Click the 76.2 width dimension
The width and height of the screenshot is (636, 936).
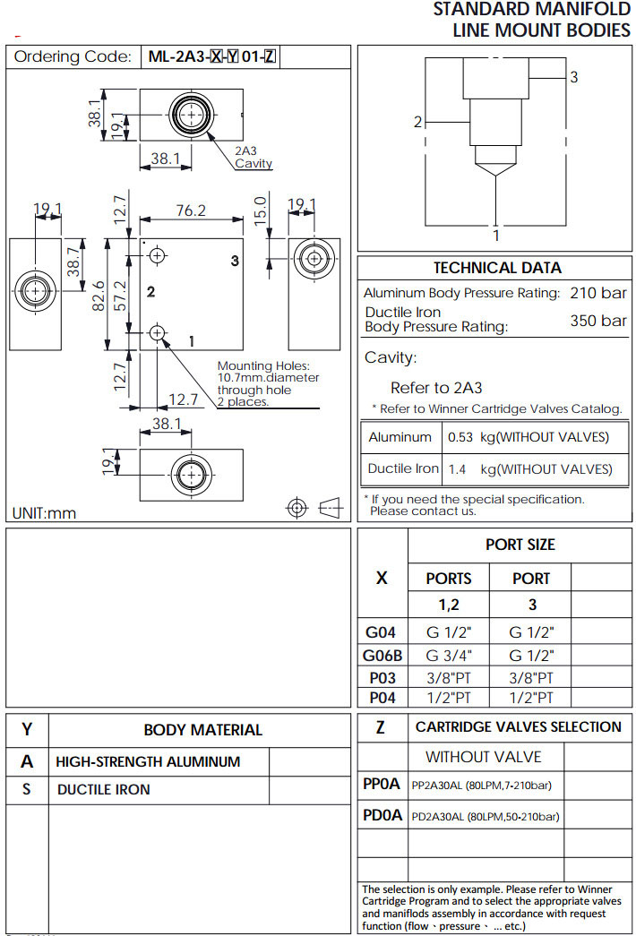click(190, 210)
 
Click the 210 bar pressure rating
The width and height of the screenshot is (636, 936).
click(598, 293)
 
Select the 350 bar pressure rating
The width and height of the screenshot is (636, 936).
click(598, 321)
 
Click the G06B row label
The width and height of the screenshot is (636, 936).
click(382, 656)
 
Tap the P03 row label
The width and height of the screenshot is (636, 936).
click(382, 678)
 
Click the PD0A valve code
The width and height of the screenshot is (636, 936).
click(382, 816)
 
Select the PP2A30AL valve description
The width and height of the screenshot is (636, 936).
click(481, 786)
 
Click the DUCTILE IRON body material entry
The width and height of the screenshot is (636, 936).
click(104, 790)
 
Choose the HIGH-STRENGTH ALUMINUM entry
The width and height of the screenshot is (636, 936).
click(148, 762)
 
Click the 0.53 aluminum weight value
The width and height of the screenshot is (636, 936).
click(459, 437)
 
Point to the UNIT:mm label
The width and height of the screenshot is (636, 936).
click(44, 513)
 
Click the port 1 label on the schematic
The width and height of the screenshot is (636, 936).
click(496, 236)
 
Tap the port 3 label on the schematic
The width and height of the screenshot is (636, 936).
click(574, 77)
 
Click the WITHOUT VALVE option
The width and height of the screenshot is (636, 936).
click(483, 757)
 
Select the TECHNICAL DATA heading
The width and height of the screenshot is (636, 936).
click(497, 268)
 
